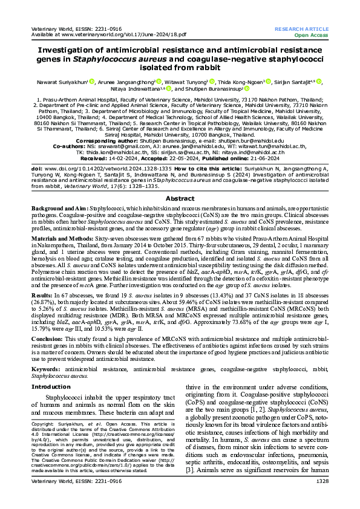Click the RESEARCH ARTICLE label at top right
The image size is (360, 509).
click(x=301, y=28)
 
